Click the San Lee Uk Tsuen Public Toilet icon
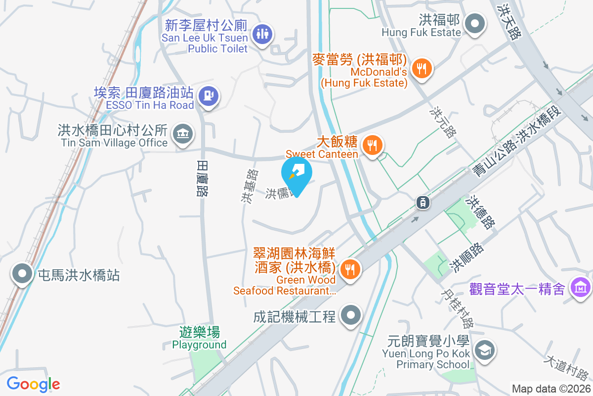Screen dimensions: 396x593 [x=260, y=34]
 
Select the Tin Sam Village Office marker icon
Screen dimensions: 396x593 [x=182, y=134]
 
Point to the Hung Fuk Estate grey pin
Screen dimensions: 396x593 [x=475, y=24]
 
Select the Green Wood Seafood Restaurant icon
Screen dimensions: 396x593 [x=350, y=269]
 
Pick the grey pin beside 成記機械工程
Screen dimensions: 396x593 [x=351, y=315]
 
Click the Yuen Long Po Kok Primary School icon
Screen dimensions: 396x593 [x=483, y=351]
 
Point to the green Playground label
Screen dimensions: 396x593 [x=199, y=339]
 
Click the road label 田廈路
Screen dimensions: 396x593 [x=202, y=178]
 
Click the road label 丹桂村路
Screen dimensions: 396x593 [x=458, y=309]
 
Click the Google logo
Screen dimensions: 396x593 [x=33, y=384]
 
